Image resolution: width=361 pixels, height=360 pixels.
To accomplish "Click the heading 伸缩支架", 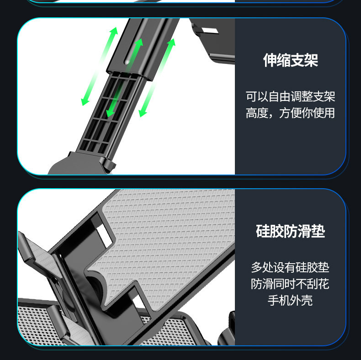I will (290, 60).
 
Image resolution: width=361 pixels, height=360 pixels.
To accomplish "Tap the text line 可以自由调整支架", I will (290, 96).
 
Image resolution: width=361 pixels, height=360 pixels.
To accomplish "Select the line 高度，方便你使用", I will (290, 113).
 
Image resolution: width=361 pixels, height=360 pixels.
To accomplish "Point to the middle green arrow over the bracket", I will (124, 78).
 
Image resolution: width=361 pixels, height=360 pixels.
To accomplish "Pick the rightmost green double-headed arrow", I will (157, 78).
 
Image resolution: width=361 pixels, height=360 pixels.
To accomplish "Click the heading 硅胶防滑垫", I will (290, 231).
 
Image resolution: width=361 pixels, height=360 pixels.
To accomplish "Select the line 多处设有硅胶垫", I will (290, 267).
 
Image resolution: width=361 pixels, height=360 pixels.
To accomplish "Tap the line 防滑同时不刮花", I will (290, 284).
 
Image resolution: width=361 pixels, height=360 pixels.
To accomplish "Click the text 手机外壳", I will (290, 300).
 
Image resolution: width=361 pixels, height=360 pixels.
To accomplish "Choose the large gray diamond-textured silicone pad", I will (169, 238).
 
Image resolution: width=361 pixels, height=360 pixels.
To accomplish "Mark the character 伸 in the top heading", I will (270, 60).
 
